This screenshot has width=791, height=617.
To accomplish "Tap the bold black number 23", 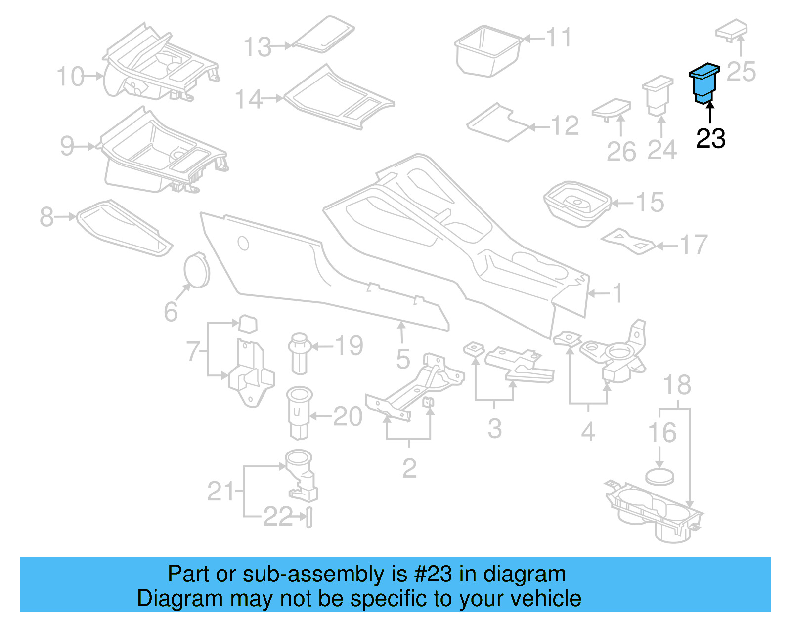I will click(x=710, y=139).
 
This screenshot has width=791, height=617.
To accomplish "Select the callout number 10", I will click(x=70, y=77).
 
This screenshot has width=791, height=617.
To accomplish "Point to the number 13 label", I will click(x=258, y=47).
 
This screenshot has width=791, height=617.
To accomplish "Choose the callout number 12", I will click(x=565, y=126).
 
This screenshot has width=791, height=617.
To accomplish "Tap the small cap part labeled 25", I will click(x=732, y=30).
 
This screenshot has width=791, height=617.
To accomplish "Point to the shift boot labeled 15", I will click(x=576, y=204).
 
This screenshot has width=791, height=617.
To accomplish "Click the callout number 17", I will click(x=694, y=245).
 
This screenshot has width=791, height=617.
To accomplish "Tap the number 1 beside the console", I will click(x=617, y=293).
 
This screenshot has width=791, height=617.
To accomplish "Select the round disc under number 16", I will click(x=660, y=477).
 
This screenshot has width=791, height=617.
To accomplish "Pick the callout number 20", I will click(x=348, y=416).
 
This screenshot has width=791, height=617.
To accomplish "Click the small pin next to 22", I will click(x=309, y=517).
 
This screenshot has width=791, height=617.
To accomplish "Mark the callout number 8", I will click(x=46, y=216).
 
